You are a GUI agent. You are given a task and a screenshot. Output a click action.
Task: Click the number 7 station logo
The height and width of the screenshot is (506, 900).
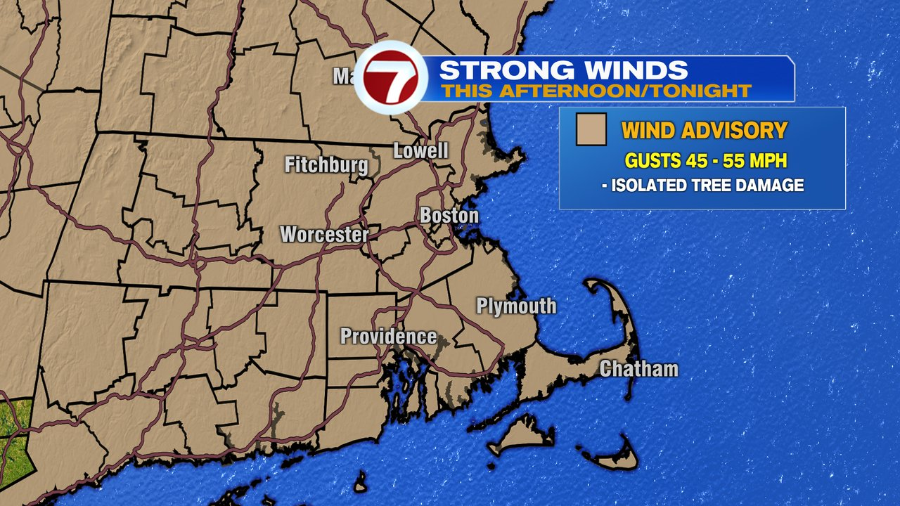coord(390,77)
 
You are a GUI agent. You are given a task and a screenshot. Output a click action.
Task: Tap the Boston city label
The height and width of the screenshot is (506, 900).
coord(449,216)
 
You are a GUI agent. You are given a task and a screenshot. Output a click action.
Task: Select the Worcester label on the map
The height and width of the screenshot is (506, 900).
coord(324,234)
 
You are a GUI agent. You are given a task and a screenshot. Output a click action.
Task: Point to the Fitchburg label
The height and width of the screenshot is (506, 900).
coord(326,165)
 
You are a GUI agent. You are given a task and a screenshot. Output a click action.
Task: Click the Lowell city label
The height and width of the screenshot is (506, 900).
coord(420,150)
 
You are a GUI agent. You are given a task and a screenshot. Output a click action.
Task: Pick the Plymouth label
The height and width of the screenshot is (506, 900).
coord(516,306)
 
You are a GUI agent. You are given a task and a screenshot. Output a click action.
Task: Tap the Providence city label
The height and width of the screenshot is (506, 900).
coord(388,337)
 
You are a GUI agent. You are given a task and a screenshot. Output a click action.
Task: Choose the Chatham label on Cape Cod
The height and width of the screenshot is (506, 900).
coord(638,369)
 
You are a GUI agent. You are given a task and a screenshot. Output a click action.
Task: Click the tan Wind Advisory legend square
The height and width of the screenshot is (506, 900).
coord(591,130)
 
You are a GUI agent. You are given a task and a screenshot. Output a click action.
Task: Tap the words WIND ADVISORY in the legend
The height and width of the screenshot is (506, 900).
coord(704,131)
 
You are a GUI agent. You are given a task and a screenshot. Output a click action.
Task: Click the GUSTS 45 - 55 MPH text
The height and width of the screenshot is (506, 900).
coord(705,161)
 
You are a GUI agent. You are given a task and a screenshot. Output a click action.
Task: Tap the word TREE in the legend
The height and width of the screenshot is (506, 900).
coord(719,186)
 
